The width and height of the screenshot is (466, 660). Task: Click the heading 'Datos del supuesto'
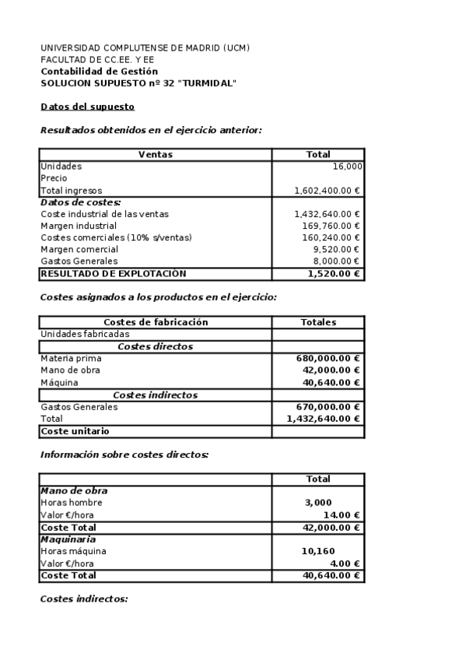coord(87,107)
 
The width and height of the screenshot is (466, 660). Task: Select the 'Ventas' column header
coord(155,155)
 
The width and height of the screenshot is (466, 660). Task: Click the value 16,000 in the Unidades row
coord(346,167)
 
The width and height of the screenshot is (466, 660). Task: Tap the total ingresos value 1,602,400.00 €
coord(327,191)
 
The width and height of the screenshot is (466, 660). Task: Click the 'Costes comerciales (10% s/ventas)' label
coord(116,237)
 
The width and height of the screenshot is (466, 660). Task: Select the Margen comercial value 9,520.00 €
coord(335,250)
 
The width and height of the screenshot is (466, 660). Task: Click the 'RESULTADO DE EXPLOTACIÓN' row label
coord(114,274)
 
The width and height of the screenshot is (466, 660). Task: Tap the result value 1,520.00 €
coord(333,274)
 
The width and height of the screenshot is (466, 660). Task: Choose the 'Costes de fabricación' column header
coord(156,322)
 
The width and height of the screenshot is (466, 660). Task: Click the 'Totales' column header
coord(318,322)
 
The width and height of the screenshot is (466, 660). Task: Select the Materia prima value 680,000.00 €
coord(328,359)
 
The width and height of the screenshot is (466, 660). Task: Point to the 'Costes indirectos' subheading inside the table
coord(155,395)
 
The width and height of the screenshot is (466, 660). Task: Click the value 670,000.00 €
coord(328,407)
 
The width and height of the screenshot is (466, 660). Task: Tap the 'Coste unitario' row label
coord(75,431)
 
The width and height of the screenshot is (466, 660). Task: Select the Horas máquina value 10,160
coord(317,552)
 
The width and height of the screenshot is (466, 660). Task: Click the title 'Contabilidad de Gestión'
coord(99,72)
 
